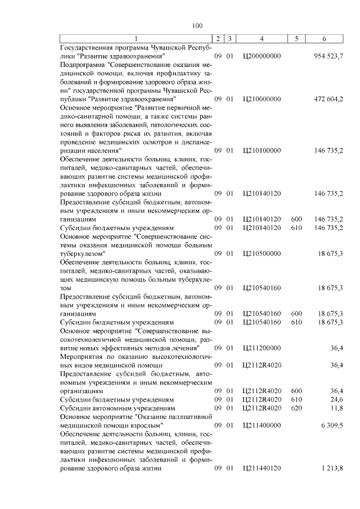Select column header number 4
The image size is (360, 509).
262,39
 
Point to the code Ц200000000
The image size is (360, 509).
262,56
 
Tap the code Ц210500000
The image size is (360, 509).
262,253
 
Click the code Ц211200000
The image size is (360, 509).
262,349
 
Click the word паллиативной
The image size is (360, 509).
187,417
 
